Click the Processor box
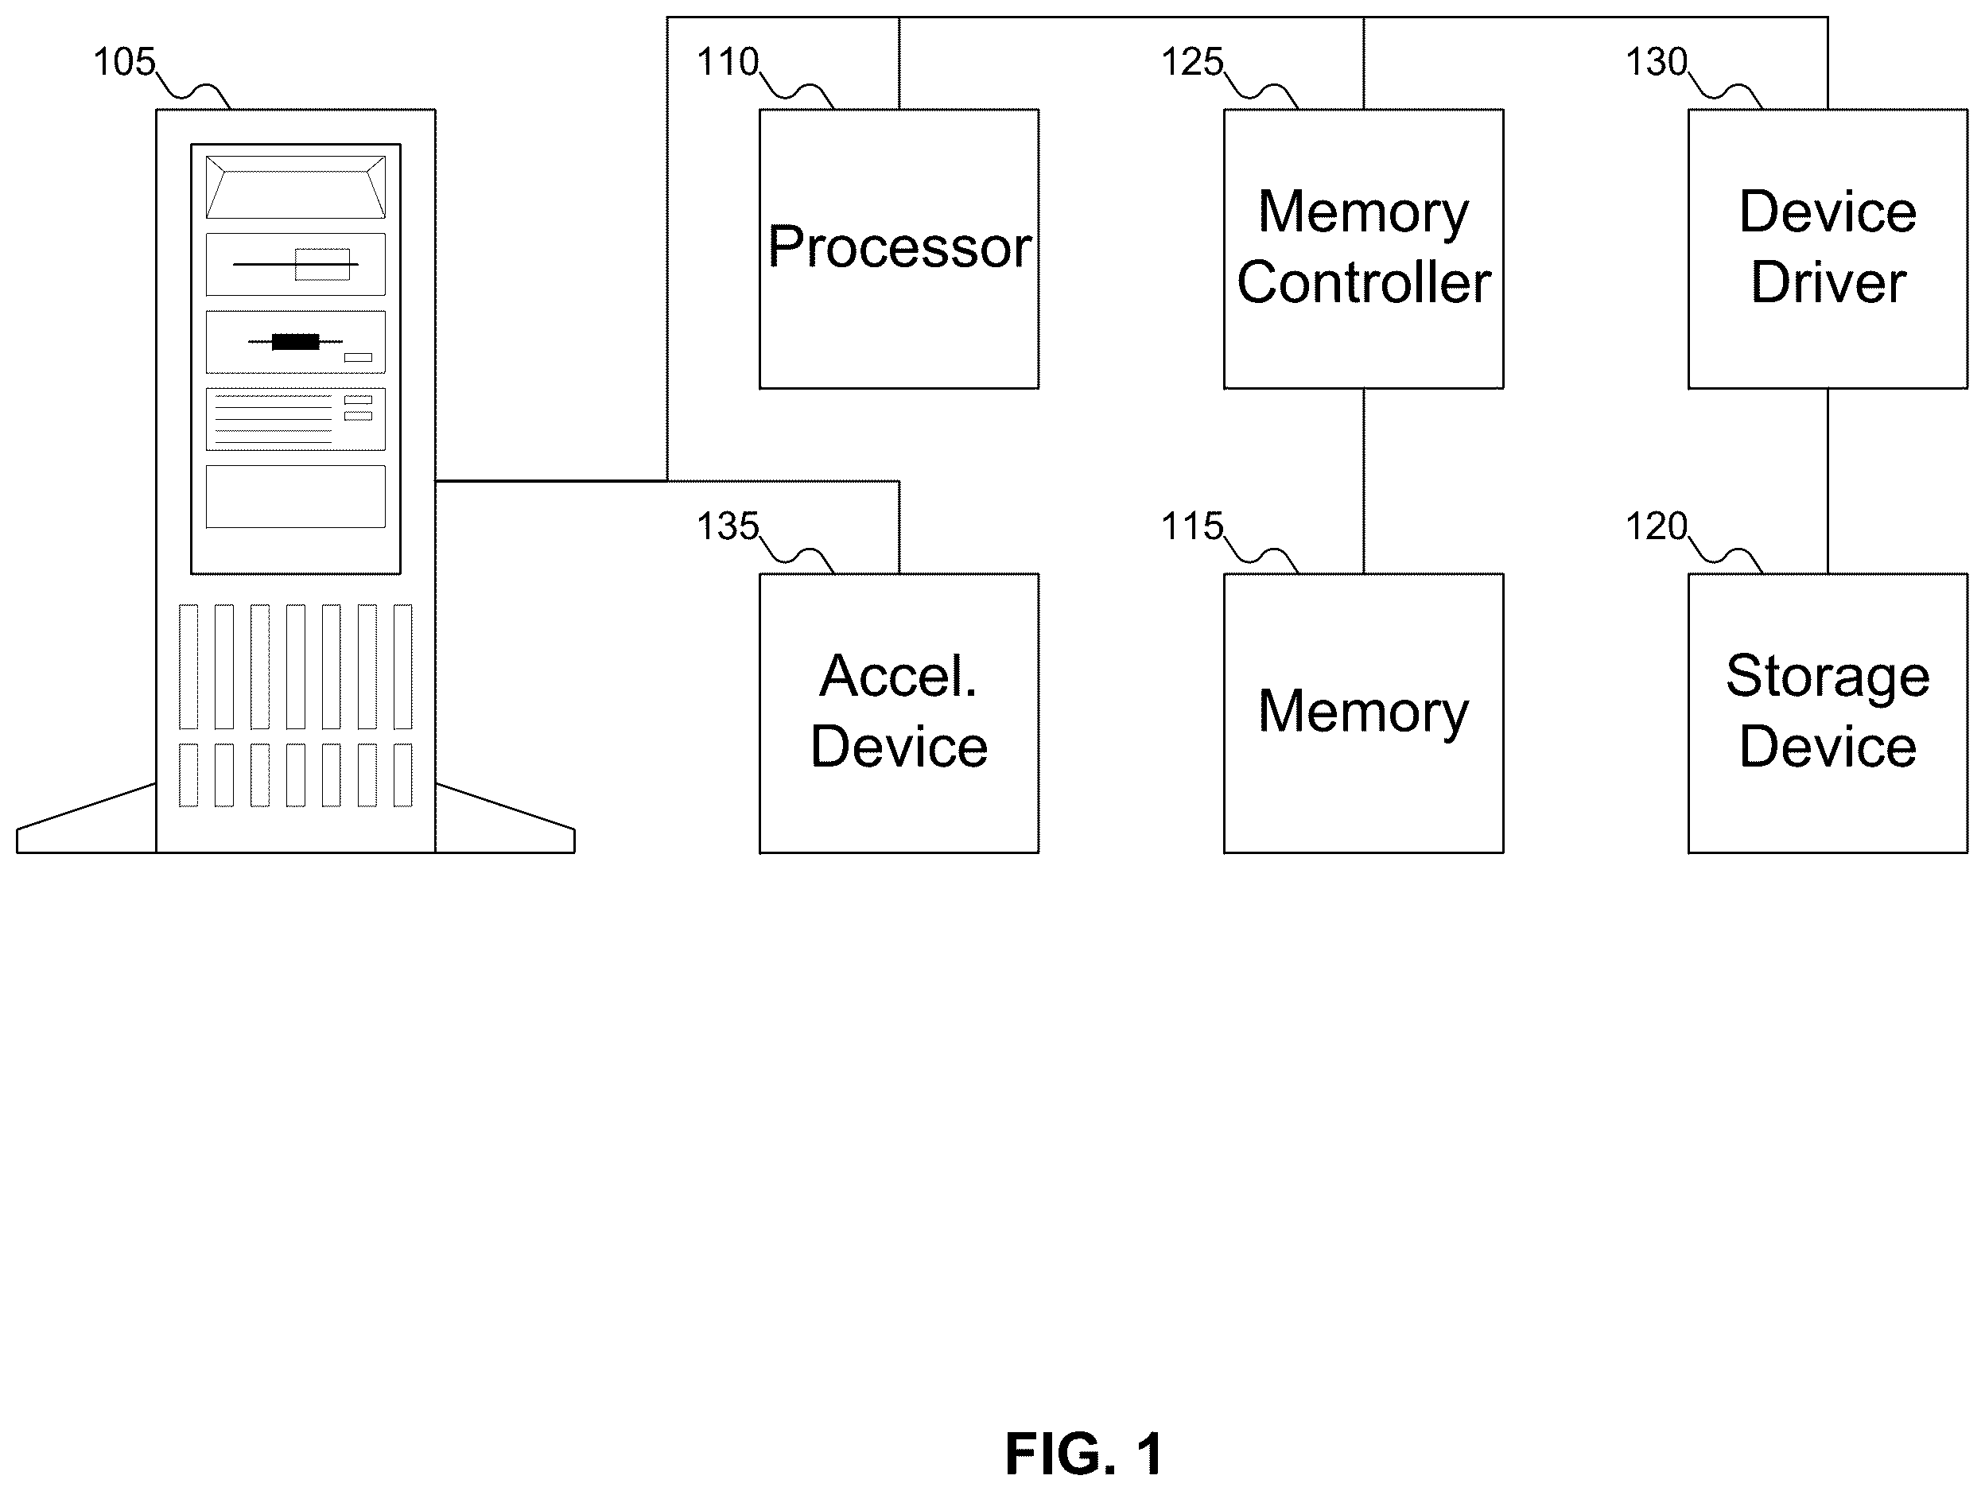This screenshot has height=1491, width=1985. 899,248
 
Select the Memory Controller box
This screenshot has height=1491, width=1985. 1364,248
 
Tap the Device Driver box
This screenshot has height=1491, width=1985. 1828,248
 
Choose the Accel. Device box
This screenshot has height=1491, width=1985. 899,713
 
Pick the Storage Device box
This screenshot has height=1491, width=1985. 1828,713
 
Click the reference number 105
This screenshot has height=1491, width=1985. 125,62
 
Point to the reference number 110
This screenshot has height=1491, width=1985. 728,62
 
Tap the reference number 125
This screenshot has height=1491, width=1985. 1193,62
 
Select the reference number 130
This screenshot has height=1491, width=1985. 1657,62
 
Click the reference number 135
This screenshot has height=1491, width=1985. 728,526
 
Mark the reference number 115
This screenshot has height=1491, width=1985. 1193,526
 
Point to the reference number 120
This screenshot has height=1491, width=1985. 1657,526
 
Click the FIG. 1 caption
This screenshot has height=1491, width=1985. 1084,1454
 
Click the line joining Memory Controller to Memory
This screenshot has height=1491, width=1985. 1364,482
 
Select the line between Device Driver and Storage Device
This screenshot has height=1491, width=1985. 1828,482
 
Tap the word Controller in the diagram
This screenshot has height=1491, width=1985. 1364,282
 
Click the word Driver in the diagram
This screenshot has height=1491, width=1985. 1828,282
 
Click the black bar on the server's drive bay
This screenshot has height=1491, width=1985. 295,342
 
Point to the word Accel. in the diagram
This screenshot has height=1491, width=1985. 899,676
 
